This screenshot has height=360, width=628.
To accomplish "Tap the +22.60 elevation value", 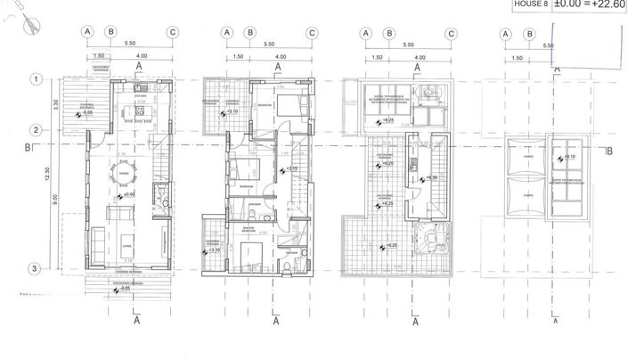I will (608, 5).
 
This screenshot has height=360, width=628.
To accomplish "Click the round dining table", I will (125, 174).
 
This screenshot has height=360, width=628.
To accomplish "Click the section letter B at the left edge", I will (29, 147).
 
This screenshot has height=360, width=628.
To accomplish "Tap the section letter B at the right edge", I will (609, 151).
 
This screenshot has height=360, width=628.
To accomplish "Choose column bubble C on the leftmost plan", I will (172, 33).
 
